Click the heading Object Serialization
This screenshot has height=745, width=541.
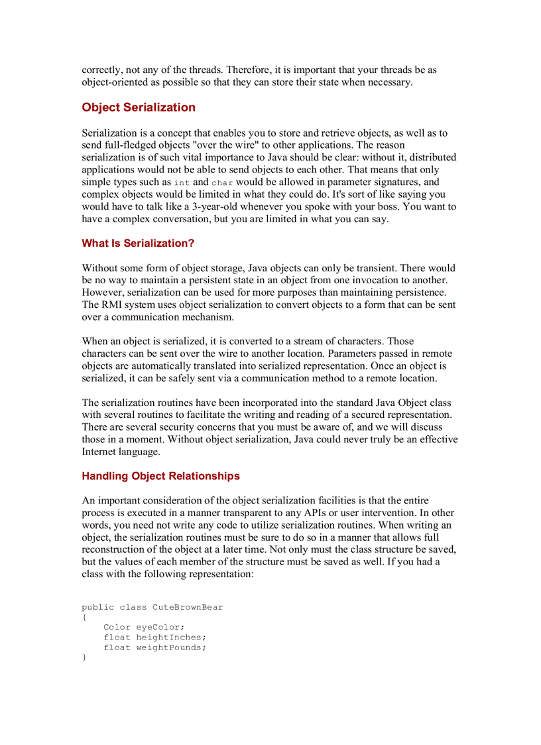139,107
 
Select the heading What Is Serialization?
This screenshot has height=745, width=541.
138,243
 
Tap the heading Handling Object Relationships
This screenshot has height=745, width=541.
160,476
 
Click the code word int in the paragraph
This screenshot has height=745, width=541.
182,182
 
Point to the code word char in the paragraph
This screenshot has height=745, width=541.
222,182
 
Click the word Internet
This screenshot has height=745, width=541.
101,452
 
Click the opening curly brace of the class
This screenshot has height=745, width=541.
84,617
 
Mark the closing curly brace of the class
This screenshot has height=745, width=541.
84,657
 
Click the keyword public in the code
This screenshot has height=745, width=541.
98,607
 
